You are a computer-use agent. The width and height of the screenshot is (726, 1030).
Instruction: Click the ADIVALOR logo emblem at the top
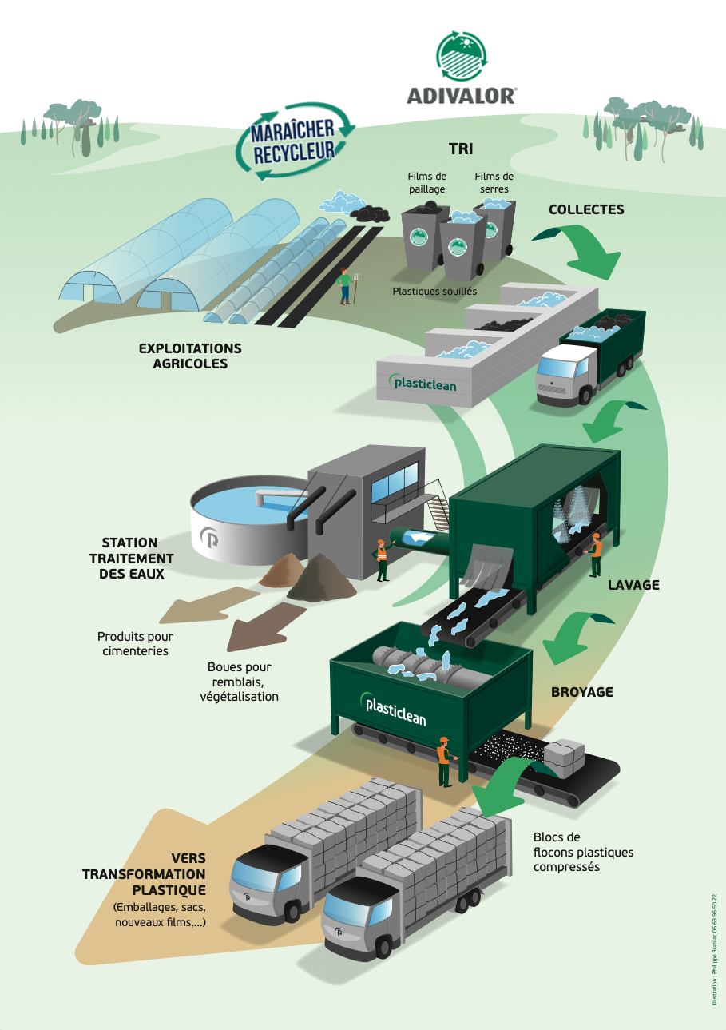pos(461,58)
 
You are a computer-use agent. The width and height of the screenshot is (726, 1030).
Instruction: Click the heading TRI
pos(461,149)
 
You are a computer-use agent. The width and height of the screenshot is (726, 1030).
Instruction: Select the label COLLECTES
pos(586,209)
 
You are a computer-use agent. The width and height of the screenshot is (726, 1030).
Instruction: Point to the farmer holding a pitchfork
pos(346,287)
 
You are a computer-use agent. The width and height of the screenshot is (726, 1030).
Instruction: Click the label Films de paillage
pos(426,183)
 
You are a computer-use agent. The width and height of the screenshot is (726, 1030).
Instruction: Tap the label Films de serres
pos(494,183)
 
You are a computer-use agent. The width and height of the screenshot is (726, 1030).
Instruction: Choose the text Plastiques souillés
pos(434,292)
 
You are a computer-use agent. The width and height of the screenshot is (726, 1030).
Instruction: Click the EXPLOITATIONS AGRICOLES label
pos(190,356)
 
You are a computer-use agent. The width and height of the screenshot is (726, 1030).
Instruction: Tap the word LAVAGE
pos(633,585)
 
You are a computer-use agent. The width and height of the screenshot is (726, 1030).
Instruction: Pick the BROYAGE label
pos(582,692)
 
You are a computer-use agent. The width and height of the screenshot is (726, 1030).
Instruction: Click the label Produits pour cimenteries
pos(135,644)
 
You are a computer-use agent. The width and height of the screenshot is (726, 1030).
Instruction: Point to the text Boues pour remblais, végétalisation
pos(240,682)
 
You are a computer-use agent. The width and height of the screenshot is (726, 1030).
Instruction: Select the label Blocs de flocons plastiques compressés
pos(583,852)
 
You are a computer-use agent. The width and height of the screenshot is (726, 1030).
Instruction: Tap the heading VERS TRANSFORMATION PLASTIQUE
pos(152,874)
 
